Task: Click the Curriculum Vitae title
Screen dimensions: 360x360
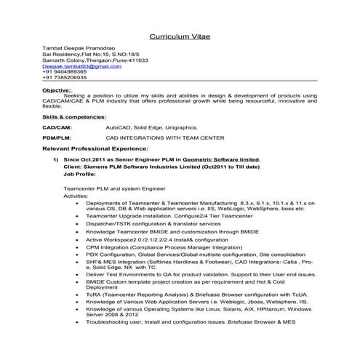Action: tap(179, 35)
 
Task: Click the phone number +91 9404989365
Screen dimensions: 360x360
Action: tap(65, 72)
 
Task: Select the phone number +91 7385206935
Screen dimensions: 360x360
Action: tap(65, 77)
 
